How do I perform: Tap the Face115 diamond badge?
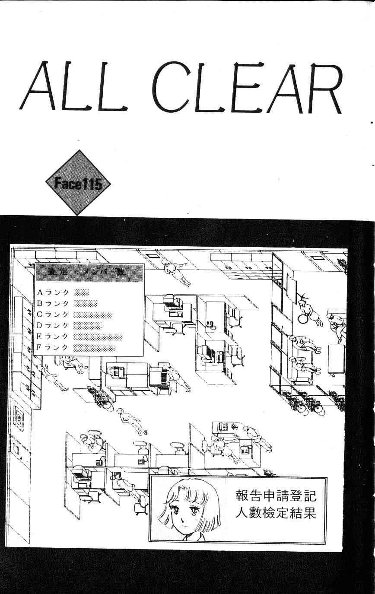tap(78, 183)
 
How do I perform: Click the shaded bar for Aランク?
tap(81, 292)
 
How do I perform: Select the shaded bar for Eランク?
tap(98, 337)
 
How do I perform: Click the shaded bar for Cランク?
tap(92, 314)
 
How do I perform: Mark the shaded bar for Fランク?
tap(94, 348)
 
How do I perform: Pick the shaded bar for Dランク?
tap(87, 325)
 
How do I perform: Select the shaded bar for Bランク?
tap(86, 303)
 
